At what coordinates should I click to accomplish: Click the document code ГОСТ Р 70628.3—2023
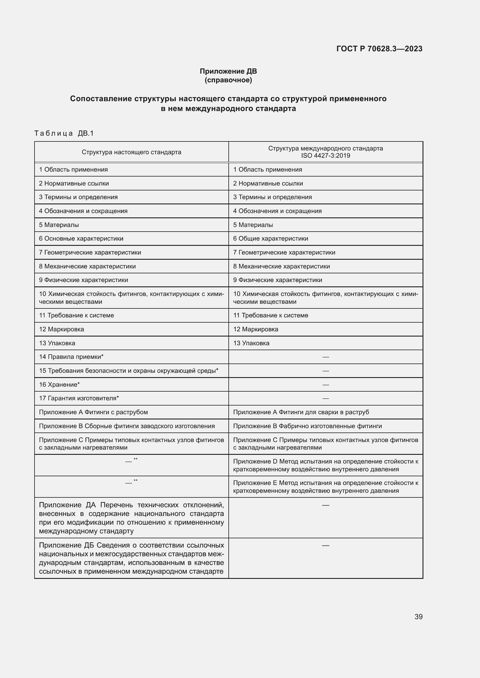(x=379, y=49)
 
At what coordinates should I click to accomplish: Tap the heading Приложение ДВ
(x=228, y=71)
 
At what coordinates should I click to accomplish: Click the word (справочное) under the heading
(x=228, y=80)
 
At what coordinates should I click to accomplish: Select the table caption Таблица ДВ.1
(x=64, y=133)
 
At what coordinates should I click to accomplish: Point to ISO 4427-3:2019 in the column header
(x=325, y=156)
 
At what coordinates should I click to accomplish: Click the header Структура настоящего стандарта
(x=131, y=152)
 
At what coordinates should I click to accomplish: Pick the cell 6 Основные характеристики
(x=81, y=239)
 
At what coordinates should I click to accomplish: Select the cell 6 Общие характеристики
(x=270, y=239)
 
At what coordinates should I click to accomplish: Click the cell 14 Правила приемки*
(x=71, y=357)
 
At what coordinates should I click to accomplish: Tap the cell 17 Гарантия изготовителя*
(x=79, y=398)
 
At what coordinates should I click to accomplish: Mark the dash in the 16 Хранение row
(x=325, y=385)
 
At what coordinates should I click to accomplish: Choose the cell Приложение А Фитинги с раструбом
(x=93, y=412)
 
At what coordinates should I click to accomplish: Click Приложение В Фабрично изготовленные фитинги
(x=307, y=426)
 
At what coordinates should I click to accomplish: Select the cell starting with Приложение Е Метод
(x=325, y=487)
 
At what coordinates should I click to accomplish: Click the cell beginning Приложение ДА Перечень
(x=131, y=518)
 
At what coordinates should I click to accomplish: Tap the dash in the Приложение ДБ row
(x=325, y=546)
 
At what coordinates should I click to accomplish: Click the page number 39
(x=418, y=617)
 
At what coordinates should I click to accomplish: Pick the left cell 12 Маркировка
(x=62, y=329)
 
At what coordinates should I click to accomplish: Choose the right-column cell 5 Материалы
(x=253, y=225)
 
